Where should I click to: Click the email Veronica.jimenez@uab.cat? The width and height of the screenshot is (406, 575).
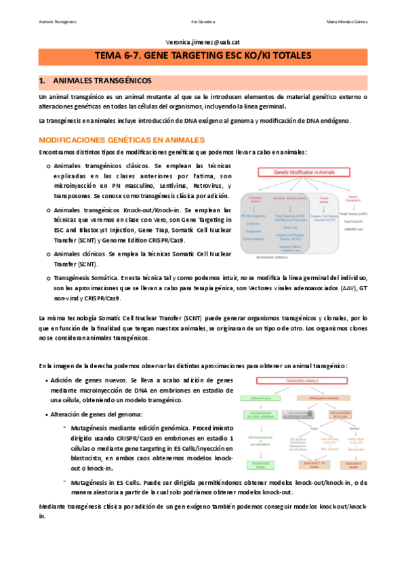pos(203,42)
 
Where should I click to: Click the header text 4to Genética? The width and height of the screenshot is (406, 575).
pos(203,22)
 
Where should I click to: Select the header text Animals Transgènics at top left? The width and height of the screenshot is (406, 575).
pos(57,22)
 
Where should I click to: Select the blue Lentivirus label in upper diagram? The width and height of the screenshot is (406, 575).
pos(253,223)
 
